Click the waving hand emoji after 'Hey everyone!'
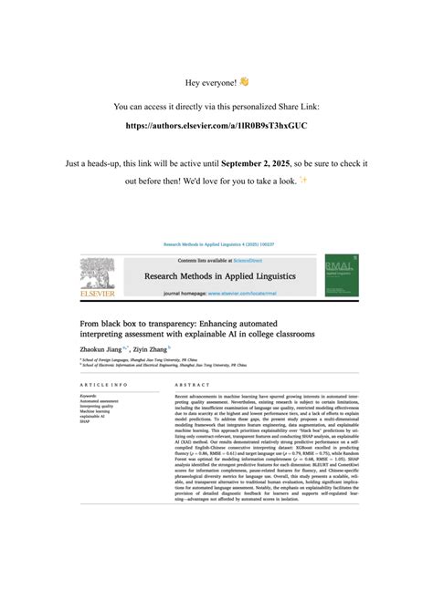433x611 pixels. point(244,82)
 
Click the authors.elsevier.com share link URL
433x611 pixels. point(216,124)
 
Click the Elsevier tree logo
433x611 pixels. point(97,275)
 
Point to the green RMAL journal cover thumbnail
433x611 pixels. point(341,275)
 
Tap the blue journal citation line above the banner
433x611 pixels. point(216,244)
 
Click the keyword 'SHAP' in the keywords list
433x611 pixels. point(85,422)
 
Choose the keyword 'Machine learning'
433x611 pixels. point(95,411)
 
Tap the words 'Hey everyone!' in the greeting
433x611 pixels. point(210,83)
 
